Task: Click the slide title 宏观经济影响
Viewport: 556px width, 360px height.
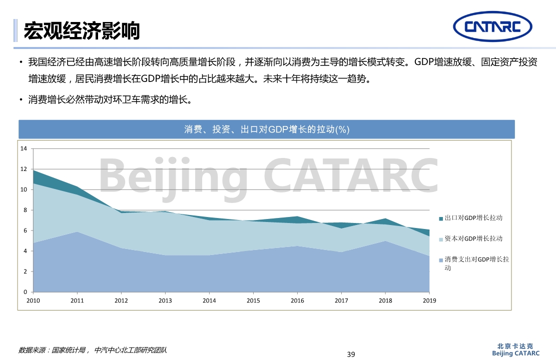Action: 82,30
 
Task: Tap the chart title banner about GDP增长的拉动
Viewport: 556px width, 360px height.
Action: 266,129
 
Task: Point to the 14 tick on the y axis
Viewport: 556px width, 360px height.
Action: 23,148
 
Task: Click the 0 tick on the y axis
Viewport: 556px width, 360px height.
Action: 25,292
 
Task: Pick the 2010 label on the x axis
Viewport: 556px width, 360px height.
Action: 33,300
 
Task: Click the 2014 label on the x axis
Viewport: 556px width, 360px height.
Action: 209,300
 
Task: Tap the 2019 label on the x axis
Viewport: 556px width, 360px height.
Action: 429,300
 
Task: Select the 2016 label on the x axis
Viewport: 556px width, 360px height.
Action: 297,300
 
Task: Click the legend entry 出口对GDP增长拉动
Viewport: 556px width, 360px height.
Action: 473,218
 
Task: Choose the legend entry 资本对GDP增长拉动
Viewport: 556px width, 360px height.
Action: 473,239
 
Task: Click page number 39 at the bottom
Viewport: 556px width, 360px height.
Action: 351,354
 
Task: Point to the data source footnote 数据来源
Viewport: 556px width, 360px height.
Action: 93,350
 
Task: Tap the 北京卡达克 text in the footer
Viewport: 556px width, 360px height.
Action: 515,346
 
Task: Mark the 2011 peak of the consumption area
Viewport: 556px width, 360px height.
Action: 77,232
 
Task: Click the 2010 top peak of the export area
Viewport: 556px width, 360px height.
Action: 34,171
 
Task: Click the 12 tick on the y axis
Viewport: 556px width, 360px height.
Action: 23,169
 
